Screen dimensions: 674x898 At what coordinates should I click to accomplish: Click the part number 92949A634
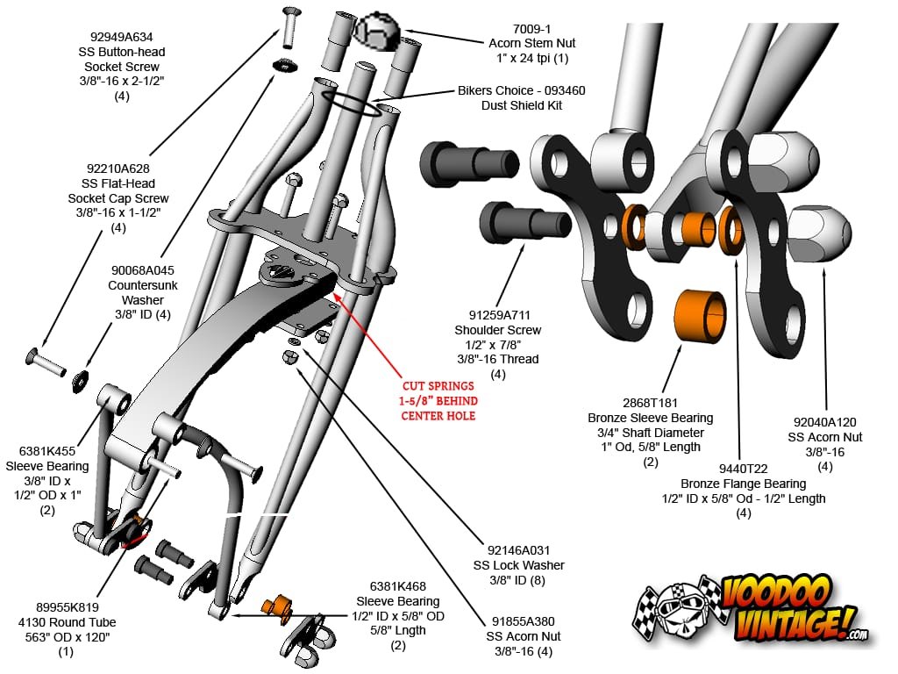pyautogui.click(x=121, y=38)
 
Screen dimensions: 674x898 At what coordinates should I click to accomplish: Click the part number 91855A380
pyautogui.click(x=524, y=621)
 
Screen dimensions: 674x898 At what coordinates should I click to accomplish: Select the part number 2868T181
pyautogui.click(x=650, y=403)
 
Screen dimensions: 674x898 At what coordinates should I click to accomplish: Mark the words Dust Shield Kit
pyautogui.click(x=521, y=105)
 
